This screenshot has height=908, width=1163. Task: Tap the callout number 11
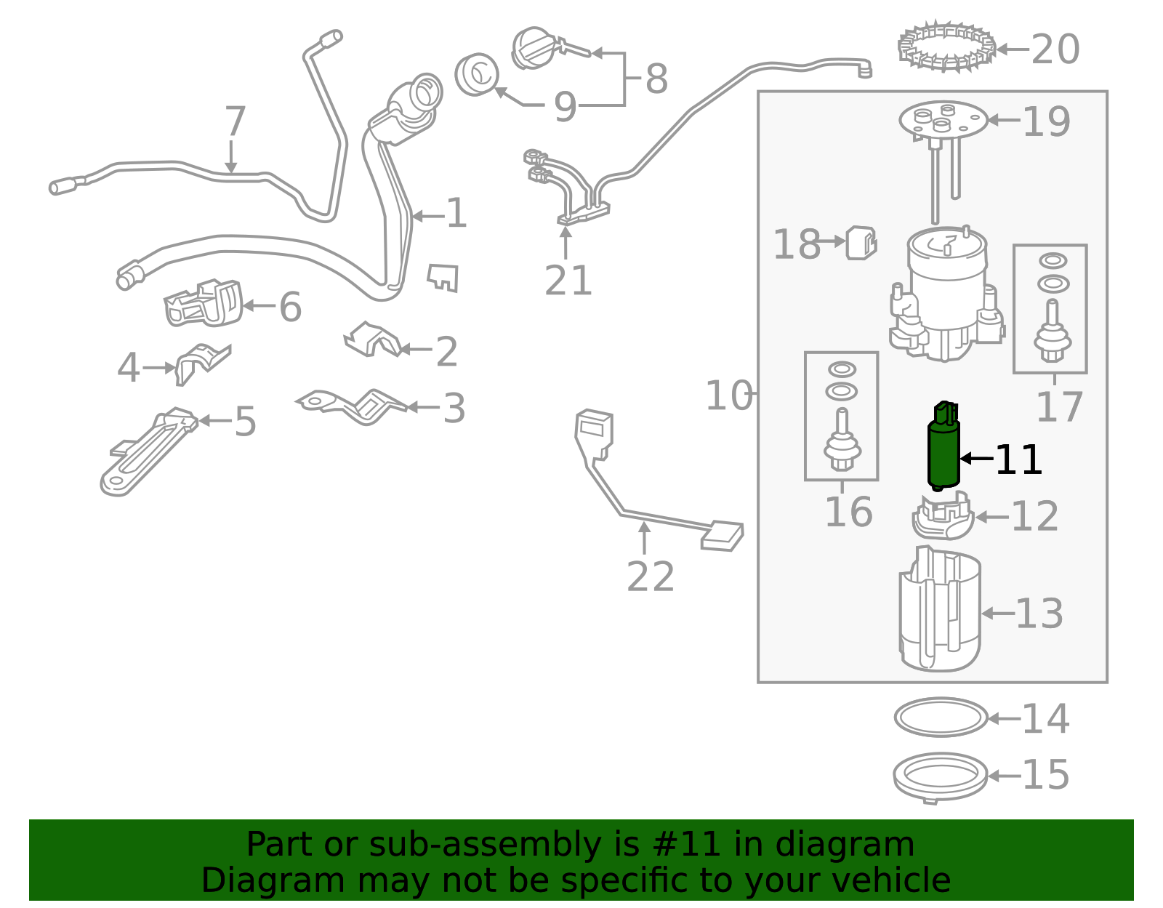click(1018, 460)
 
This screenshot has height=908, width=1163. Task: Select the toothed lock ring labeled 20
click(946, 47)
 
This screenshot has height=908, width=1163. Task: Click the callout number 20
click(1055, 50)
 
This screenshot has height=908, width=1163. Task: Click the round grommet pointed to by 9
click(477, 74)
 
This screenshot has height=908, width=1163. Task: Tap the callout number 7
click(235, 121)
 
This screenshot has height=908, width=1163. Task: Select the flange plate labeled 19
click(943, 120)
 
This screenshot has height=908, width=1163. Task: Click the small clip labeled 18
click(861, 243)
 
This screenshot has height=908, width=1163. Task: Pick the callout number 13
click(1039, 614)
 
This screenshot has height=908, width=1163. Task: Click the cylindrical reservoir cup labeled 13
click(939, 611)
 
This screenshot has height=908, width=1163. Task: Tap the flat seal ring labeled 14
click(941, 718)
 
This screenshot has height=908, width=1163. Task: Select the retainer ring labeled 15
click(940, 776)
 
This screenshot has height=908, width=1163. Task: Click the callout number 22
click(650, 577)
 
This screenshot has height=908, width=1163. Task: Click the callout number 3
click(454, 409)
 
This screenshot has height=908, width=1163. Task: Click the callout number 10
click(728, 396)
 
